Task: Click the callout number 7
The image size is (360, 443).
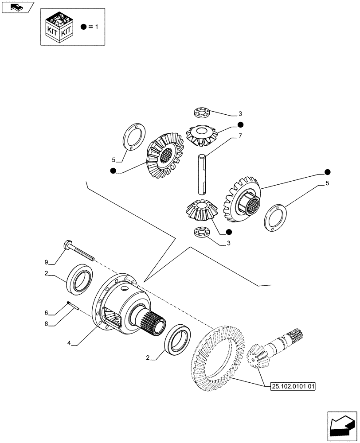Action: coord(239,136)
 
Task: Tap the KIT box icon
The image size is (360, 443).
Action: coord(59,27)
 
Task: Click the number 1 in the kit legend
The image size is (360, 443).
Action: coord(96,27)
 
